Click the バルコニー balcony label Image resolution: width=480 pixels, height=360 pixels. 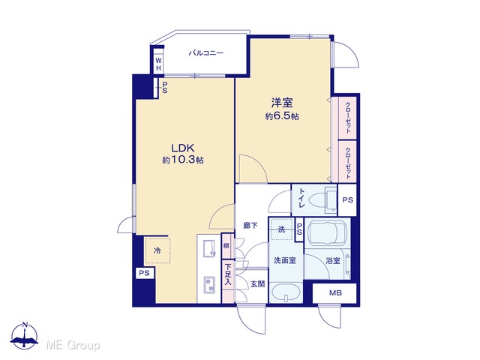pyautogui.click(x=205, y=53)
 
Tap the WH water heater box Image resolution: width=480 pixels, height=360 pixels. pyautogui.click(x=158, y=64)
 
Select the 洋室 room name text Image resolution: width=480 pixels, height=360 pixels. pyautogui.click(x=282, y=103)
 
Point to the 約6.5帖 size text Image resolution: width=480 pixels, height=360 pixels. pyautogui.click(x=282, y=116)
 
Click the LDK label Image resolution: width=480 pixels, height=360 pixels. pyautogui.click(x=183, y=148)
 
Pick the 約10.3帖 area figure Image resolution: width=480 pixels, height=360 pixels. pyautogui.click(x=183, y=160)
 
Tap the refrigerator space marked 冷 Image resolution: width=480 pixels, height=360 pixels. pyautogui.click(x=157, y=250)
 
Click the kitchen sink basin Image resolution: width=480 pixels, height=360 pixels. pyautogui.click(x=209, y=248)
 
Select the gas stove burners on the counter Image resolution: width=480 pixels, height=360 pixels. pyautogui.click(x=210, y=284)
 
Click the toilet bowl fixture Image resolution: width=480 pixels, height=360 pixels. pyautogui.click(x=322, y=200)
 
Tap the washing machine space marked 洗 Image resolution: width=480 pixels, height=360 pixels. pyautogui.click(x=282, y=229)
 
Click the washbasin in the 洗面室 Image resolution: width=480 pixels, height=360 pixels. pyautogui.click(x=286, y=293)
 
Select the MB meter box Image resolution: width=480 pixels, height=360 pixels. pyautogui.click(x=334, y=293)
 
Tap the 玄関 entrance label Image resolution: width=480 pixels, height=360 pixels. pyautogui.click(x=257, y=284)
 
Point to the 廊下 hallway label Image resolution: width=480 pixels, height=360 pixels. pyautogui.click(x=250, y=226)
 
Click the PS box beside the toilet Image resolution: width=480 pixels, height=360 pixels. pyautogui.click(x=347, y=200)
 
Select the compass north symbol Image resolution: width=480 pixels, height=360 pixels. pyautogui.click(x=25, y=335)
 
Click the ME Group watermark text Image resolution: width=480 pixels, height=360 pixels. pyautogui.click(x=73, y=345)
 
